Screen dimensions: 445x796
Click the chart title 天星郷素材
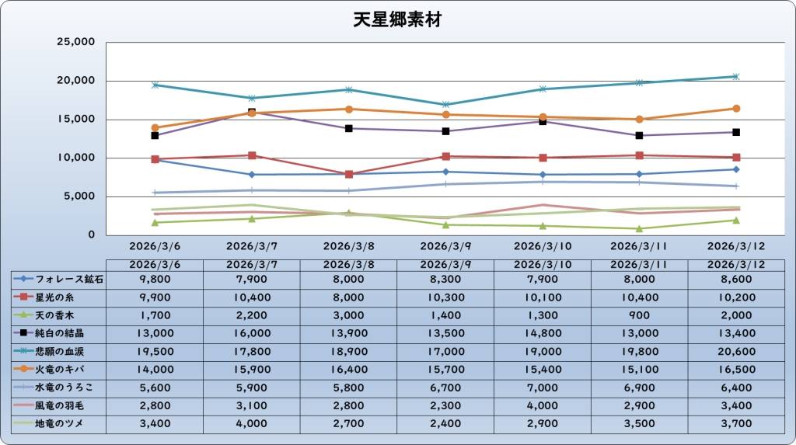tap(397, 20)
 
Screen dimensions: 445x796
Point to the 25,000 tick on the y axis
tap(76, 42)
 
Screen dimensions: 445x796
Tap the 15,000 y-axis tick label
tap(76, 119)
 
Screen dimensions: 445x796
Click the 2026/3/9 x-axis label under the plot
tap(445, 245)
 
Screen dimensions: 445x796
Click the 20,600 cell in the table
tap(736, 350)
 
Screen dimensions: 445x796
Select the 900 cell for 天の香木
tap(640, 315)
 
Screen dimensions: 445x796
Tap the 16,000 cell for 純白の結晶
tap(252, 332)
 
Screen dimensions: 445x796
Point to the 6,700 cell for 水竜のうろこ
tap(445, 387)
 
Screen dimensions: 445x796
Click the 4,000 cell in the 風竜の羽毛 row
tap(543, 405)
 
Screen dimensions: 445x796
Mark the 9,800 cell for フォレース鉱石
tap(155, 278)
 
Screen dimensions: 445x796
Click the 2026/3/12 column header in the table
tap(736, 264)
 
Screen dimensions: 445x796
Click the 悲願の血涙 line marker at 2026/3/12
tap(736, 76)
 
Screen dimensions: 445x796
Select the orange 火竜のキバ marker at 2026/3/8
tap(349, 110)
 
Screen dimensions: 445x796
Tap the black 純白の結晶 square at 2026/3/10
tap(543, 121)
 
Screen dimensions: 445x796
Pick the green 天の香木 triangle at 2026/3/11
tap(639, 228)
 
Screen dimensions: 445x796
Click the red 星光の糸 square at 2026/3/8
tap(349, 174)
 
